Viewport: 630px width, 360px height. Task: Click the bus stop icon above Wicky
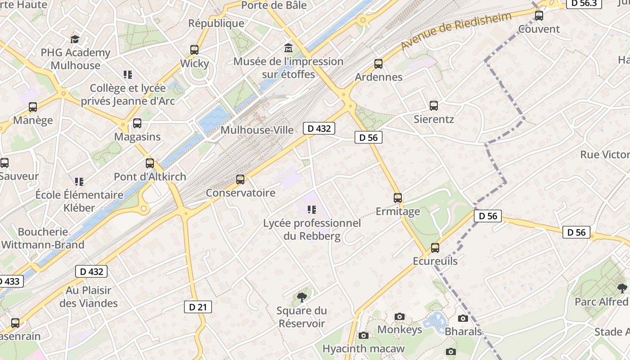click(x=194, y=50)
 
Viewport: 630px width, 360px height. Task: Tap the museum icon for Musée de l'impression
click(x=288, y=48)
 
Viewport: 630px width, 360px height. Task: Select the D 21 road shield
click(x=198, y=307)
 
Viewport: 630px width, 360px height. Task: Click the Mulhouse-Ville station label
click(x=257, y=130)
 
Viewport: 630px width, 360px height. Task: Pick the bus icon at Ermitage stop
click(x=398, y=198)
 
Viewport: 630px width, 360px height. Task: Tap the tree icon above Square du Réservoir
click(x=302, y=297)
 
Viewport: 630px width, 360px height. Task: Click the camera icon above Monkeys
click(x=400, y=317)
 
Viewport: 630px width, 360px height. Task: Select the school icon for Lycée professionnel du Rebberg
click(x=311, y=209)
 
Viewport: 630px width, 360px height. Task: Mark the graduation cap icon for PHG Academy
click(x=75, y=40)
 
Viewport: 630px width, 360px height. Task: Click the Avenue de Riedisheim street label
click(x=456, y=31)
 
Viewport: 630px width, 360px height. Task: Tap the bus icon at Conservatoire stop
click(x=240, y=180)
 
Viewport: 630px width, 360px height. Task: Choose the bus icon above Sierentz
click(x=434, y=106)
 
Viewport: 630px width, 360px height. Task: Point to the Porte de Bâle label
click(x=274, y=5)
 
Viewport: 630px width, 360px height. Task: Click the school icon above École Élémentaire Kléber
click(x=79, y=182)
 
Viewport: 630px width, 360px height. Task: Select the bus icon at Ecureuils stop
click(x=435, y=248)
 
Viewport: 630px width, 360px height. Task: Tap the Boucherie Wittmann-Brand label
click(x=43, y=238)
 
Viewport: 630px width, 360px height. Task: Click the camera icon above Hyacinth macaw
click(x=364, y=335)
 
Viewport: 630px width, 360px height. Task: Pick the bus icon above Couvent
click(x=539, y=16)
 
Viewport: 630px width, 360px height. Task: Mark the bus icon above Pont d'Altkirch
click(x=150, y=163)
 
